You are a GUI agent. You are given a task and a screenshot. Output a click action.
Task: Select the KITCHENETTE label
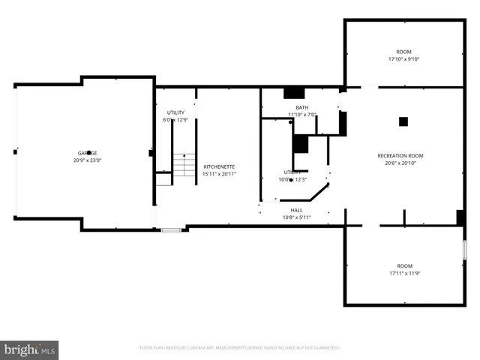219,166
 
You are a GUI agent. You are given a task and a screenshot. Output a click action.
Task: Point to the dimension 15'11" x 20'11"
219,174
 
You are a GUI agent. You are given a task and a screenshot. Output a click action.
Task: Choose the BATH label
301,107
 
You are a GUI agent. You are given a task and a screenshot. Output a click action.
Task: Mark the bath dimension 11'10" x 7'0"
301,115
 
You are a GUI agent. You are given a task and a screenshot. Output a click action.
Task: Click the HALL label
297,210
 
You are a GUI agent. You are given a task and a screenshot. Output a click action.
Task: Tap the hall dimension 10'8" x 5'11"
297,217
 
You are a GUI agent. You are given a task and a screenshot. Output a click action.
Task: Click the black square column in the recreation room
403,121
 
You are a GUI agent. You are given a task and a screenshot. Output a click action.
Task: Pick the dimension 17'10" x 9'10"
404,59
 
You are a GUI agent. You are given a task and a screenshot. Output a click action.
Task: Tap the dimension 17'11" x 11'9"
404,274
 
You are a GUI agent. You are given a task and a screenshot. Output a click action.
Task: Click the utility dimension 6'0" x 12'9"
175,120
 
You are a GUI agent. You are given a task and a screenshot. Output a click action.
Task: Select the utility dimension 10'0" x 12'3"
291,179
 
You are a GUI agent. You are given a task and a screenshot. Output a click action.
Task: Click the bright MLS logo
30,349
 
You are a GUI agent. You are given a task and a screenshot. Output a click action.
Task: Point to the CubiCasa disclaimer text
240,348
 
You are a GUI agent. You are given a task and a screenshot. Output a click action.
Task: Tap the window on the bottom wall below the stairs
171,229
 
